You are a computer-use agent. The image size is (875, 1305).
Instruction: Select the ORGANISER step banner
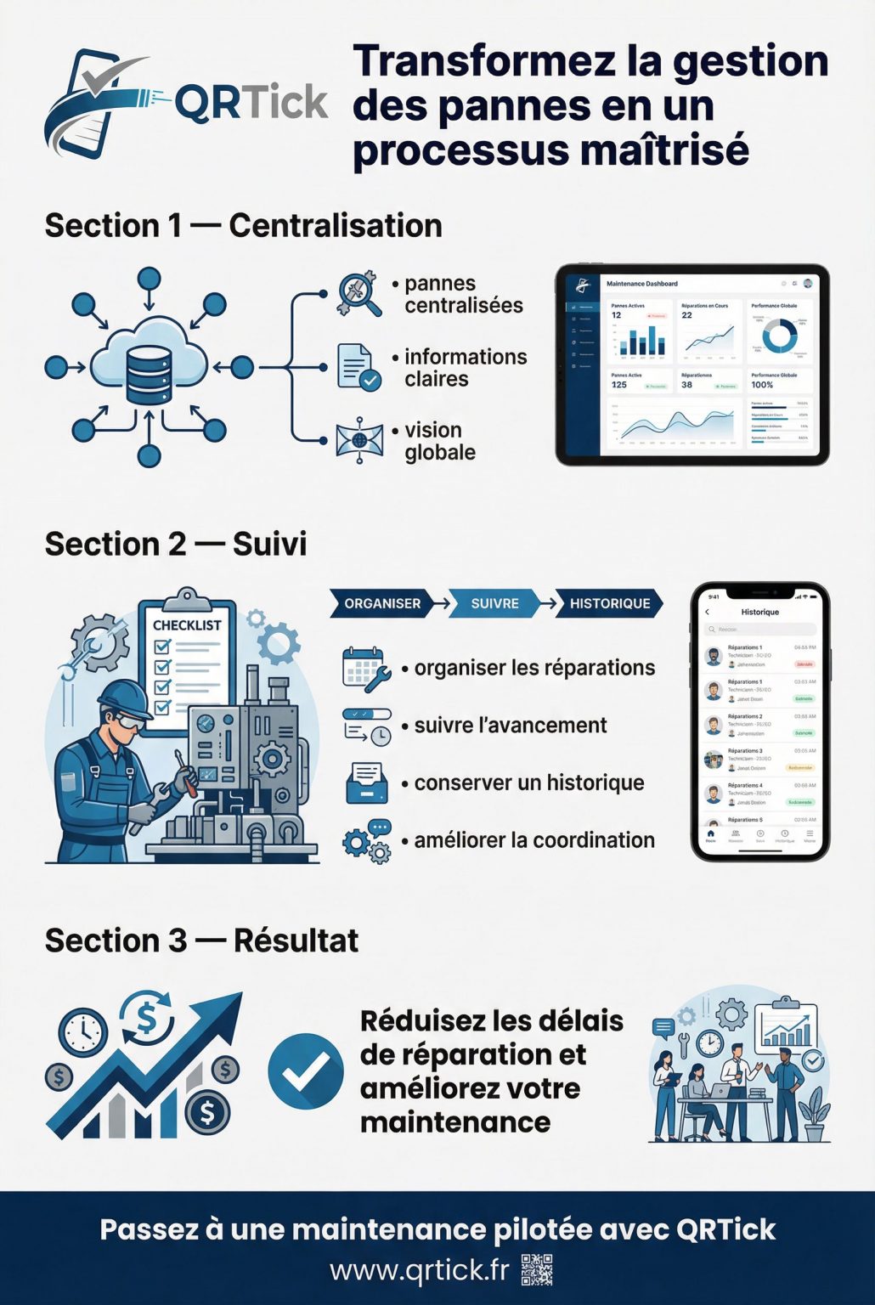tap(382, 603)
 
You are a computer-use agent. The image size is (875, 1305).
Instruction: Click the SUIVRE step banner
tap(494, 603)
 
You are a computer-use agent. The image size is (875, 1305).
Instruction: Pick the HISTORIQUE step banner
tap(609, 603)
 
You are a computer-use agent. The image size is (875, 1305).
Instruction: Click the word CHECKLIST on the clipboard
tap(187, 625)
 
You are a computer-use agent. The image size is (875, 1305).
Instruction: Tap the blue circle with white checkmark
tap(306, 1071)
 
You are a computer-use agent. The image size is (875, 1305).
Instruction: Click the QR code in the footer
tap(537, 1270)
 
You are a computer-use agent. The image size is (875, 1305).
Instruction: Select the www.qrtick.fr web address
tap(419, 1270)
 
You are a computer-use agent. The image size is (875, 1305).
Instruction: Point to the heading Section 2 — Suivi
tap(176, 544)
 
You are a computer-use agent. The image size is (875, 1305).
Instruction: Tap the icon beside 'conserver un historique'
tap(367, 782)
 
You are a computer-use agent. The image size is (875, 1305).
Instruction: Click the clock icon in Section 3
tap(82, 1032)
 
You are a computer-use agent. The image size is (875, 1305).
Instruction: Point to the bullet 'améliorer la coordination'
tap(534, 840)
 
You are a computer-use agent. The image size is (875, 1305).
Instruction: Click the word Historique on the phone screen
tap(759, 612)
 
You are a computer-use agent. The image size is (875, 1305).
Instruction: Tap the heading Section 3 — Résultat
tap(201, 941)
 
